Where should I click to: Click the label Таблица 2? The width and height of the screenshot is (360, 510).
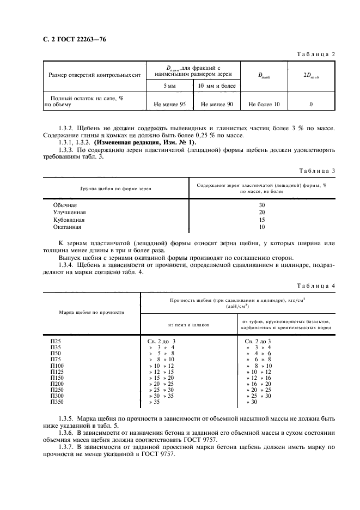(x=315, y=54)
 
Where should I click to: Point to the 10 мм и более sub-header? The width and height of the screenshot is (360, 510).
(x=217, y=86)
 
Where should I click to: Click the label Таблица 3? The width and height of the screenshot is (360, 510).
(x=315, y=171)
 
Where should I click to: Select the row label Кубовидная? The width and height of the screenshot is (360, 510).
(x=69, y=220)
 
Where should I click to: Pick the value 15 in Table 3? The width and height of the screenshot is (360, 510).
(x=261, y=220)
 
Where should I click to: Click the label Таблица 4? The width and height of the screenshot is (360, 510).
(x=315, y=286)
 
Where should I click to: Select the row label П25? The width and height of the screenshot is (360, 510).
(x=56, y=342)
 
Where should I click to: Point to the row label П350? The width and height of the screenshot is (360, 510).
(x=57, y=402)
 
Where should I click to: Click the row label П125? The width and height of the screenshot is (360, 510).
(x=57, y=372)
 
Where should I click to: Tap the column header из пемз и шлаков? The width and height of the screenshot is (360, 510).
(x=190, y=324)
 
